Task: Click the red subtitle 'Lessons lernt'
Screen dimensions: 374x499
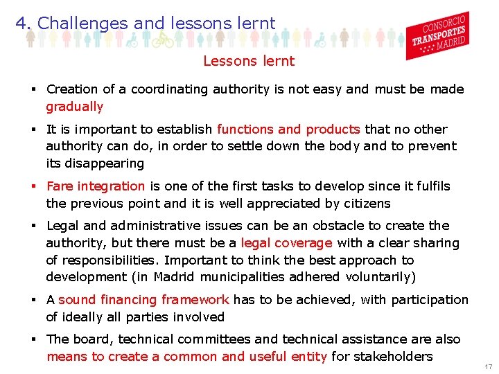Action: pyautogui.click(x=248, y=61)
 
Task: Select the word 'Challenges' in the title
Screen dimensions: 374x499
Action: pyautogui.click(x=83, y=24)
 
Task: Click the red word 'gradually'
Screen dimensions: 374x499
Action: pyautogui.click(x=74, y=107)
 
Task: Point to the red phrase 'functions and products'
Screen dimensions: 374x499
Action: pyautogui.click(x=288, y=130)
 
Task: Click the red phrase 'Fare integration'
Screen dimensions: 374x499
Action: pyautogui.click(x=96, y=186)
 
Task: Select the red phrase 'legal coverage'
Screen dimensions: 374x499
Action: pyautogui.click(x=286, y=243)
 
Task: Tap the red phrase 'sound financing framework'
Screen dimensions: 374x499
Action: pyautogui.click(x=143, y=300)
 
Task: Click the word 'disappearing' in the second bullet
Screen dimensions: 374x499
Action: pyautogui.click(x=105, y=163)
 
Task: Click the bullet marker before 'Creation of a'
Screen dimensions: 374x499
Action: pyautogui.click(x=33, y=89)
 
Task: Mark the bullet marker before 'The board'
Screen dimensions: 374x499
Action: pyautogui.click(x=33, y=339)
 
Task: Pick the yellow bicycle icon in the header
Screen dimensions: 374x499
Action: pyautogui.click(x=162, y=39)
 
